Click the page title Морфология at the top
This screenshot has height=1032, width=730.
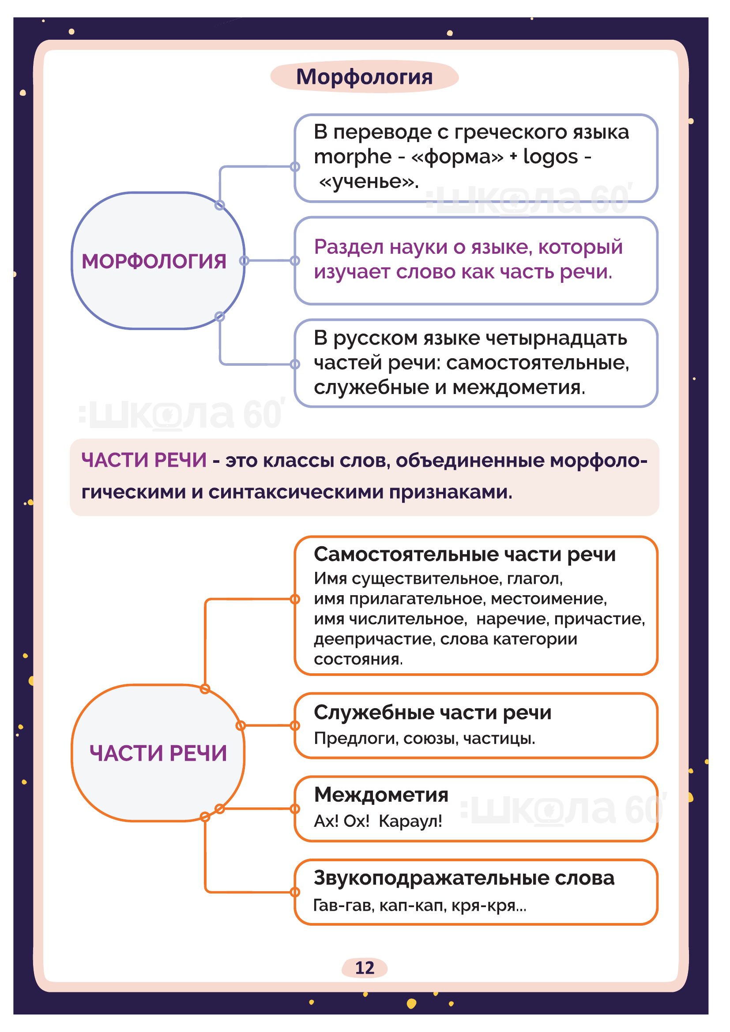pyautogui.click(x=364, y=77)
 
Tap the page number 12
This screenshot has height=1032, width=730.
pyautogui.click(x=364, y=968)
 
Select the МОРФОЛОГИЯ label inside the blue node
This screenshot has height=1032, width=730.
pyautogui.click(x=154, y=262)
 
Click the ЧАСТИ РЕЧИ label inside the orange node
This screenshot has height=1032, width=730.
pyautogui.click(x=158, y=753)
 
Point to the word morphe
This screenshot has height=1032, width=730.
pyautogui.click(x=352, y=157)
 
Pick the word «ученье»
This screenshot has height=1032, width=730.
pyautogui.click(x=369, y=182)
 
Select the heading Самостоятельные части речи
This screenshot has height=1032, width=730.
pyautogui.click(x=464, y=554)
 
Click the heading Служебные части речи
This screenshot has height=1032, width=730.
pyautogui.click(x=433, y=713)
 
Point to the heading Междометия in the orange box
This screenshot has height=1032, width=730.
pyautogui.click(x=381, y=795)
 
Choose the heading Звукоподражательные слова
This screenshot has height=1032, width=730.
pyautogui.click(x=464, y=878)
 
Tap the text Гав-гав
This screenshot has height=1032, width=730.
pyautogui.click(x=343, y=905)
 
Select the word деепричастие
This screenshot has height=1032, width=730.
pyautogui.click(x=374, y=639)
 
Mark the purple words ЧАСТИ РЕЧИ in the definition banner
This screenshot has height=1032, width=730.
pyautogui.click(x=144, y=460)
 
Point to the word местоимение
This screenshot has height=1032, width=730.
pyautogui.click(x=549, y=599)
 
